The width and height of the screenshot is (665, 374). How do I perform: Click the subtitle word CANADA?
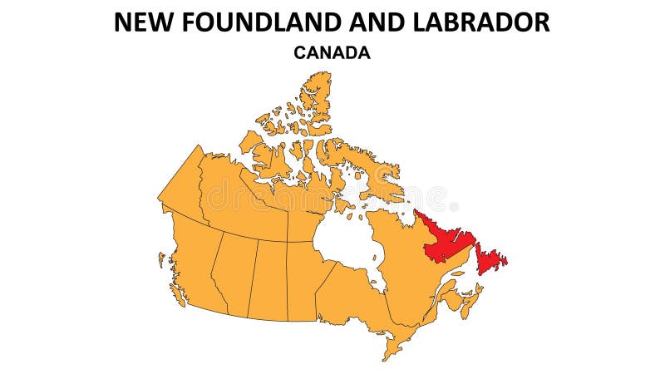point(332,52)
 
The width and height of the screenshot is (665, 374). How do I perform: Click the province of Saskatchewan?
point(268,278)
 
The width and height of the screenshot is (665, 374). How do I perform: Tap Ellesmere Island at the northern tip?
point(316,91)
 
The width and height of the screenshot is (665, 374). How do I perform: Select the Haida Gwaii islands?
point(161,260)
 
